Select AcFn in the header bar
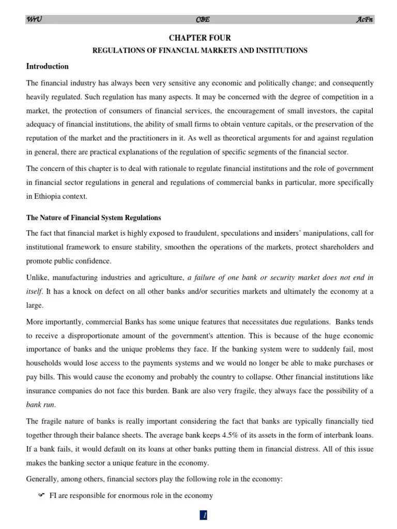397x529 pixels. tap(364, 20)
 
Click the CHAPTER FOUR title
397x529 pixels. tap(200, 38)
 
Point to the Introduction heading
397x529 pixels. tap(48, 66)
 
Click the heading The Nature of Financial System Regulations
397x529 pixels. tap(94, 217)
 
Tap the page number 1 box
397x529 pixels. tap(204, 515)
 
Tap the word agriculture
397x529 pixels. tap(159, 277)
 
